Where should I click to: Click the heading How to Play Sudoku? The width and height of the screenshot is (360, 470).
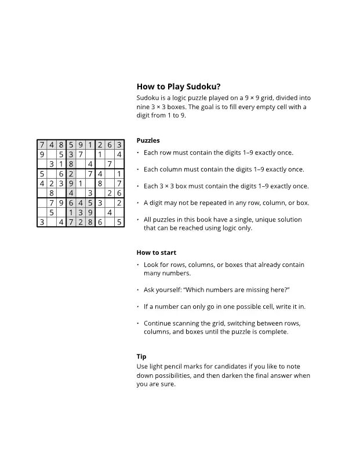(178, 86)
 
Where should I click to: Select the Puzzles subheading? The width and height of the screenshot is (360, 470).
(148, 140)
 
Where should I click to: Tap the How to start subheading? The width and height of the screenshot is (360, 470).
(156, 252)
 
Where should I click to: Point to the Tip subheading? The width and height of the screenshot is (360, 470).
(141, 356)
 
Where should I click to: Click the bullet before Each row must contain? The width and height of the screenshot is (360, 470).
(138, 153)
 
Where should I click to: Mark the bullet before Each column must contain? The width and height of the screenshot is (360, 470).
(138, 170)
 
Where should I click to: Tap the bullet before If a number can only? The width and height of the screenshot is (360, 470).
(138, 306)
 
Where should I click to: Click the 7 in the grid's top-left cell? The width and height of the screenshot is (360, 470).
(42, 145)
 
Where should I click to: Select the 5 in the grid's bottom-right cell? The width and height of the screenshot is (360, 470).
(119, 222)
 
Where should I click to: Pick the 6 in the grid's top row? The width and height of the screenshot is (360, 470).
(109, 145)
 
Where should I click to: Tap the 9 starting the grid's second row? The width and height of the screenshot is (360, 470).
(42, 154)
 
